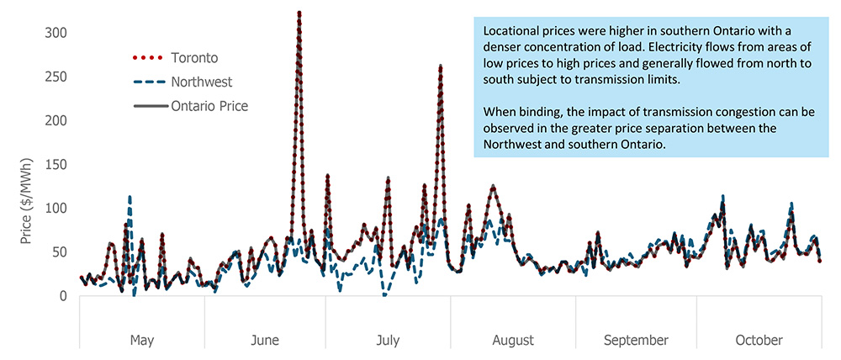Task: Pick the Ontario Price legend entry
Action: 209,106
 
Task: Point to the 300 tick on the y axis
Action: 56,32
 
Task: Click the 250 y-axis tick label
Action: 56,77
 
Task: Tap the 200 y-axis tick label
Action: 56,120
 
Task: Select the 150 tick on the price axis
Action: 56,164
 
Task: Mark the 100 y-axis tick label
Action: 56,208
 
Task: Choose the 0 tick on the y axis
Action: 63,295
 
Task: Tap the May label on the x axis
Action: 142,340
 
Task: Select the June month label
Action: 265,340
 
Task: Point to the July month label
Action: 388,340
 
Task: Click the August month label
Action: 513,340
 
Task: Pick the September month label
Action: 636,340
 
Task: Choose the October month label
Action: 759,340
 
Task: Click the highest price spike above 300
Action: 299,13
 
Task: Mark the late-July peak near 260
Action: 441,66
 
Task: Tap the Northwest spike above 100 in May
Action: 130,197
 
